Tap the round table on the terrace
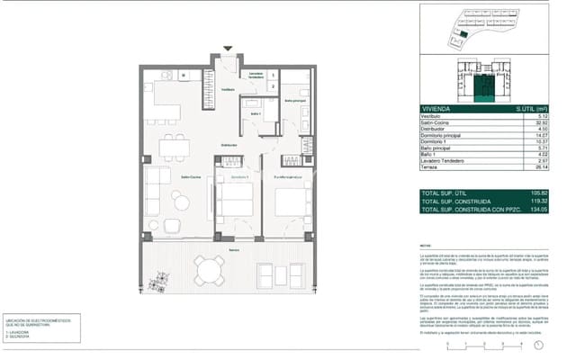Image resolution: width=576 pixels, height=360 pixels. pyautogui.click(x=211, y=267)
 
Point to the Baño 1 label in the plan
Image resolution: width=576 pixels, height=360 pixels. pyautogui.click(x=255, y=114)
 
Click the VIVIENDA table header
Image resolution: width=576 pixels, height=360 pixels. pyautogui.click(x=438, y=109)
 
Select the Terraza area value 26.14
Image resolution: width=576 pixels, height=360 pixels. pyautogui.click(x=539, y=166)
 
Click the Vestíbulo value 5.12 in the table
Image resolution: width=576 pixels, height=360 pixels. pyautogui.click(x=541, y=116)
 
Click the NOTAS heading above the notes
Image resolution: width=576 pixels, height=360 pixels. pyautogui.click(x=427, y=245)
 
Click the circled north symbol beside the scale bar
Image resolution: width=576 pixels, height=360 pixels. pyautogui.click(x=537, y=343)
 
